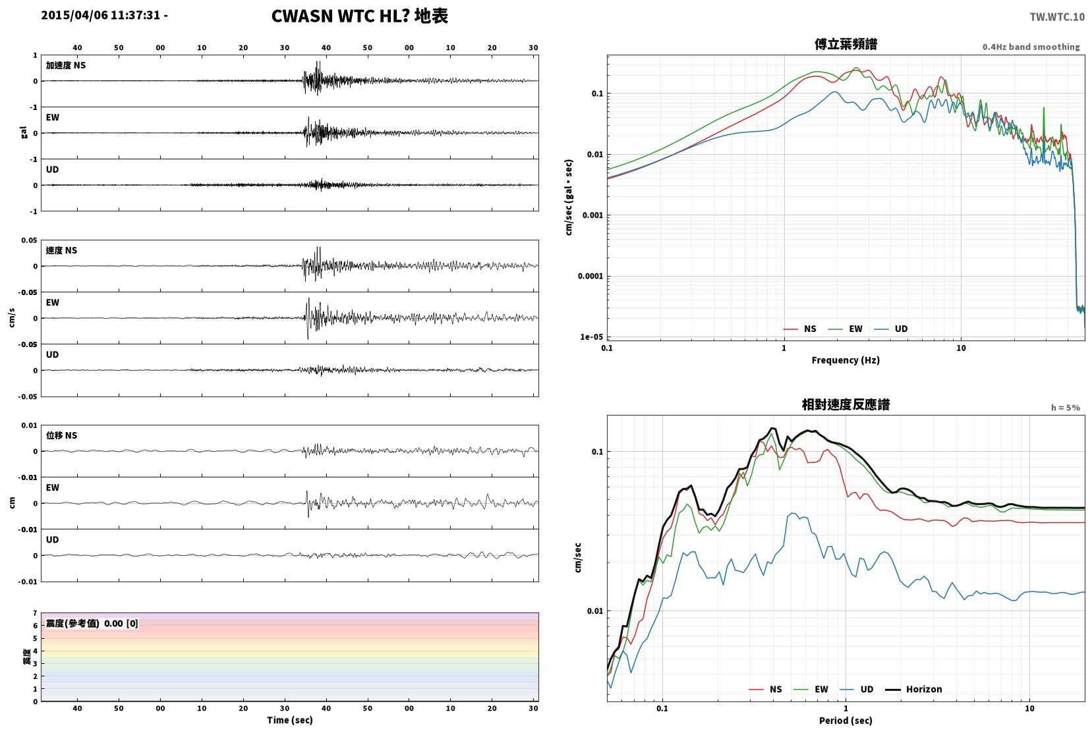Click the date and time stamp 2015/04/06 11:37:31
pyautogui.click(x=101, y=15)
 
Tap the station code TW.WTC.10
pyautogui.click(x=1057, y=17)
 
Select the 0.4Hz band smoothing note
pyautogui.click(x=1031, y=47)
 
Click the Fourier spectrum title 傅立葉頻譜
pyautogui.click(x=846, y=44)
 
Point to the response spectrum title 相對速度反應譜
pyautogui.click(x=846, y=405)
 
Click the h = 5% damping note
pyautogui.click(x=1065, y=408)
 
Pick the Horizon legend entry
pyautogui.click(x=913, y=689)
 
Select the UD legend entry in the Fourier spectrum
pyautogui.click(x=891, y=329)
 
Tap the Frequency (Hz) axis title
pyautogui.click(x=846, y=360)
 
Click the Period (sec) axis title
pyautogui.click(x=846, y=720)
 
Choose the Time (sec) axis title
pyautogui.click(x=290, y=720)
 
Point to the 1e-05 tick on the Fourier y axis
pyautogui.click(x=591, y=337)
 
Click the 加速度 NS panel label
pyautogui.click(x=66, y=65)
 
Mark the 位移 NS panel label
pyautogui.click(x=61, y=435)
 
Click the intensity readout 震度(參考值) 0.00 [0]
pyautogui.click(x=92, y=624)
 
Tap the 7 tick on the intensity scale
pyautogui.click(x=35, y=613)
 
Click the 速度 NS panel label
pyautogui.click(x=61, y=250)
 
